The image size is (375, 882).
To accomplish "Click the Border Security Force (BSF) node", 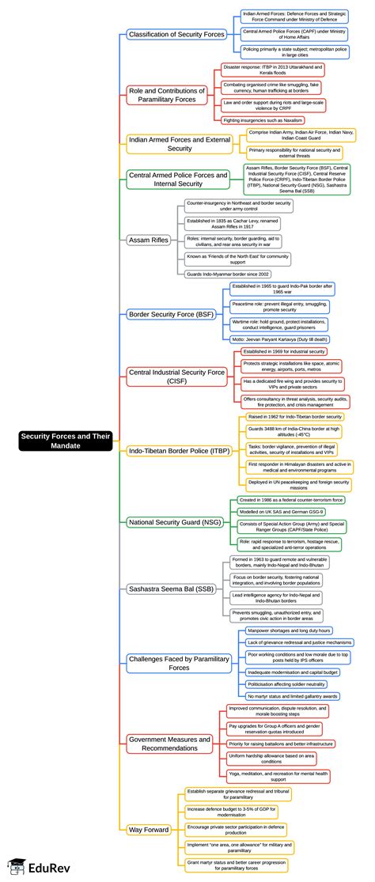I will (170, 314).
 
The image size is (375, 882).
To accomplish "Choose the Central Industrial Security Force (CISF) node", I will (176, 376).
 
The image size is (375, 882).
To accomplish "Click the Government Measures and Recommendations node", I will (169, 744).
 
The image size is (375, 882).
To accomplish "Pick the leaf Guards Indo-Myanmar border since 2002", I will (228, 274).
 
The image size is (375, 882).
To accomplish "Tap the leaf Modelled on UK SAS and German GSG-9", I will (282, 513).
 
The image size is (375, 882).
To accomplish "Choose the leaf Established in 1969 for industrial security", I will (283, 351).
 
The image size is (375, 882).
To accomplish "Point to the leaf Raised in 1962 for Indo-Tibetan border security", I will (295, 416).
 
